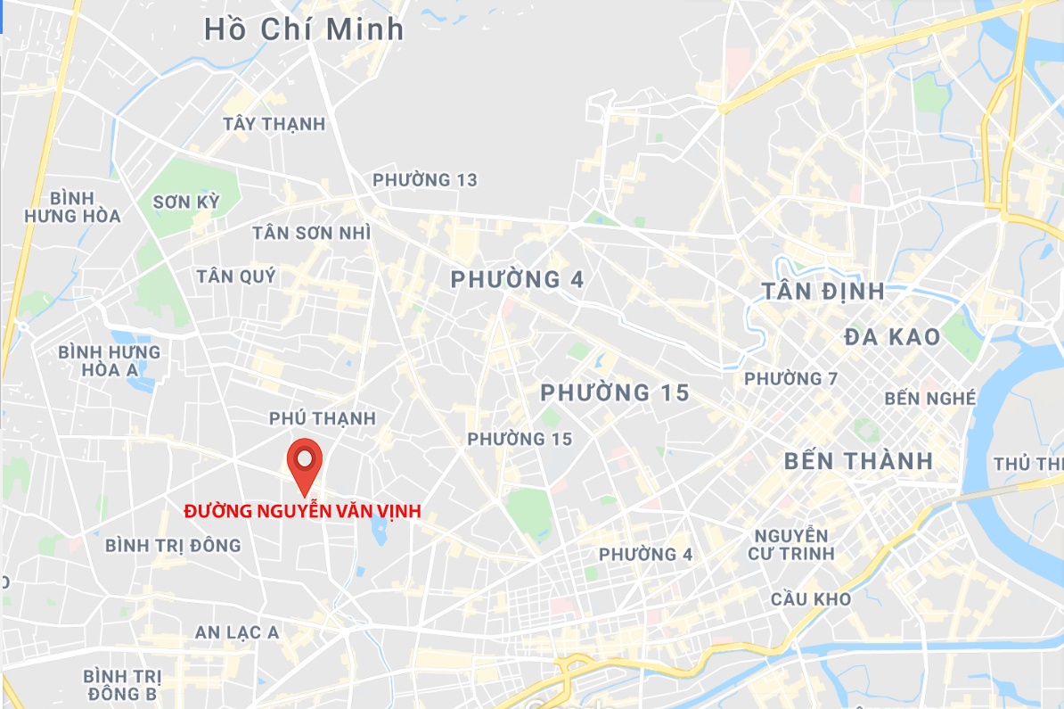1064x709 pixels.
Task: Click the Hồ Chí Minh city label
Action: [x=304, y=29]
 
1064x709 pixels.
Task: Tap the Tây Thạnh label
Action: [x=274, y=124]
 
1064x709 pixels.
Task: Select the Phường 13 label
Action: [x=425, y=180]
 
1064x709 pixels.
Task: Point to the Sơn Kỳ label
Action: [x=185, y=202]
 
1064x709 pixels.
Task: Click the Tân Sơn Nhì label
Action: [x=311, y=233]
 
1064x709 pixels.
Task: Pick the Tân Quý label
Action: [x=236, y=276]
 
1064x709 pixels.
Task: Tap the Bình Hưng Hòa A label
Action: [x=110, y=360]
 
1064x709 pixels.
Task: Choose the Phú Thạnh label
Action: [x=323, y=418]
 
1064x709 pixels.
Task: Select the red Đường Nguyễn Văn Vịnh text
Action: [x=302, y=512]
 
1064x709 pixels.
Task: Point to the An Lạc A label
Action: [x=237, y=632]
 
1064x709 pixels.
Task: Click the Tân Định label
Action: [x=823, y=292]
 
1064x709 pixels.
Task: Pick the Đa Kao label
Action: [x=892, y=337]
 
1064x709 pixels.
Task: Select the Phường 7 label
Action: [x=790, y=379]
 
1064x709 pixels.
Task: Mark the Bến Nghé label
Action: [x=930, y=399]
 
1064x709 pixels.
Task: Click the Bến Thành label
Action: [x=858, y=461]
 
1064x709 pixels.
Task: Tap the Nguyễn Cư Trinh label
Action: [x=791, y=544]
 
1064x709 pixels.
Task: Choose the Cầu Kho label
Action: [x=811, y=599]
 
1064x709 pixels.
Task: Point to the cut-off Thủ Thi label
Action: [x=1028, y=464]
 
